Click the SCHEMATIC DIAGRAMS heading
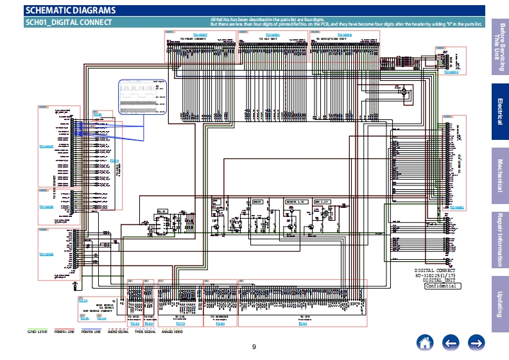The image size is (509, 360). pyautogui.click(x=71, y=10)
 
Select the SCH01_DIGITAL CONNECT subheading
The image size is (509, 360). pyautogui.click(x=69, y=22)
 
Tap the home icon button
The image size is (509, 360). pyautogui.click(x=424, y=343)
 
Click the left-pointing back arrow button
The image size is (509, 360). pyautogui.click(x=451, y=343)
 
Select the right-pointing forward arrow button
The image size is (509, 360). pyautogui.click(x=476, y=343)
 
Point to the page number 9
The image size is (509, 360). pyautogui.click(x=254, y=347)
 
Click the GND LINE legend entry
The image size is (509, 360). pyautogui.click(x=37, y=332)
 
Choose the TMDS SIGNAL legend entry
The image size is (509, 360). pyautogui.click(x=145, y=332)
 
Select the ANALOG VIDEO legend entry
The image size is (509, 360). pyautogui.click(x=172, y=332)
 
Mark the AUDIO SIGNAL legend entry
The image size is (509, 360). pyautogui.click(x=118, y=332)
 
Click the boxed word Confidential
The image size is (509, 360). pyautogui.click(x=442, y=286)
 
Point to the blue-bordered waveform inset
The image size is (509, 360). pyautogui.click(x=141, y=96)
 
